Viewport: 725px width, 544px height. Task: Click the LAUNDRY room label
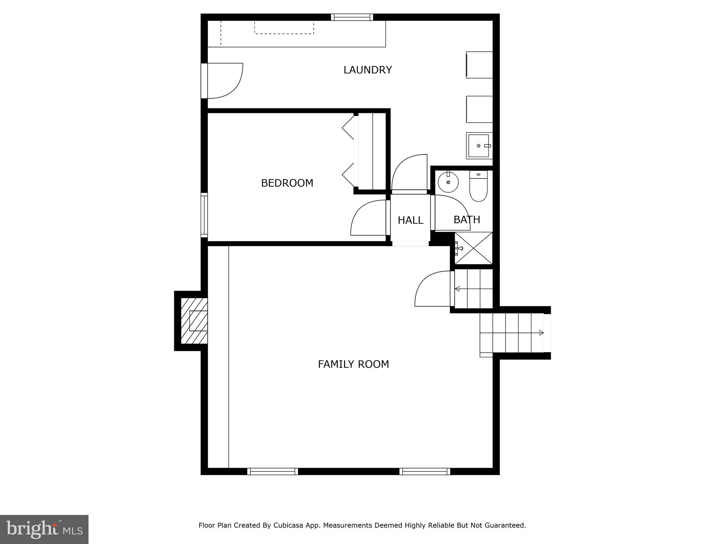(x=367, y=70)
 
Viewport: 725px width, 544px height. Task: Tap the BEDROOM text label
(x=287, y=183)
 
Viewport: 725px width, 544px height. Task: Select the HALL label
(x=410, y=220)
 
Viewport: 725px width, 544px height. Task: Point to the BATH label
(x=467, y=220)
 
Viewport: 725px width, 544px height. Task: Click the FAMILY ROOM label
(x=353, y=364)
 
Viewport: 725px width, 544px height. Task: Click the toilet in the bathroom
(x=478, y=187)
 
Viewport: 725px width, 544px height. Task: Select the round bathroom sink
(x=448, y=182)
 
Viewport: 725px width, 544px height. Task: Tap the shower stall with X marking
(x=474, y=248)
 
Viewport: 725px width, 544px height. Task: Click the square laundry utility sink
(x=479, y=146)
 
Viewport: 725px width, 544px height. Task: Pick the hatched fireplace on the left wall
(x=194, y=321)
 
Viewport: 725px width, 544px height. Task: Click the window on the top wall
(x=352, y=17)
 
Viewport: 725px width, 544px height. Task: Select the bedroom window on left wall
(x=204, y=215)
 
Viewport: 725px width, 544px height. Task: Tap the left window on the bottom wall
(x=273, y=471)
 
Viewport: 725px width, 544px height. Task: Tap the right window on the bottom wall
(x=425, y=471)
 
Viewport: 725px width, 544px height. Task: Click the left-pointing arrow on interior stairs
(x=457, y=289)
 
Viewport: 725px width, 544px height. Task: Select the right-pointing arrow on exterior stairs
(x=541, y=333)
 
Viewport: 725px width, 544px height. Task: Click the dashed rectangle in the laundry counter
(x=284, y=28)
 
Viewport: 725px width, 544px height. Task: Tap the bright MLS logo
(x=44, y=529)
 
